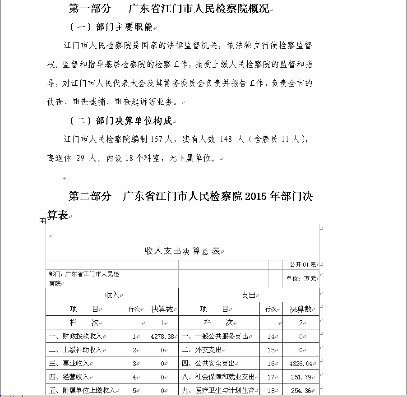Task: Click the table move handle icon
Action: [42, 221]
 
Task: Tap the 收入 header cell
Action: [112, 295]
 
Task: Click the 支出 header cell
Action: [248, 295]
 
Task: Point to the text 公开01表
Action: [302, 264]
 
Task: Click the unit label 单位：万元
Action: [301, 278]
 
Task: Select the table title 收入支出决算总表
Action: [182, 251]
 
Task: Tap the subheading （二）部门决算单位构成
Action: [121, 121]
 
